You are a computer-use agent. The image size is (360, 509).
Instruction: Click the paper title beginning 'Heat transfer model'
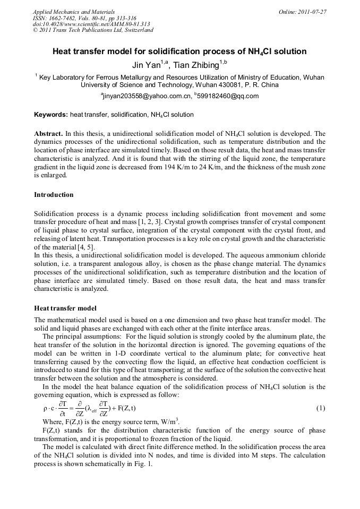tap(179, 52)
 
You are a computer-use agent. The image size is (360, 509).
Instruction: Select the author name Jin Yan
tap(145, 65)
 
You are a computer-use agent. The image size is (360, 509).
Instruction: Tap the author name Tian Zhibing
tap(196, 65)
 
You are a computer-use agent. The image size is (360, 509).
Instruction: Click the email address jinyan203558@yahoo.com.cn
tap(146, 96)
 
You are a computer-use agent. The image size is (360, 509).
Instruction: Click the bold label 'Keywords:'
tap(50, 115)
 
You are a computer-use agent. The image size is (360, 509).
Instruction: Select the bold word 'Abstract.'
tap(48, 134)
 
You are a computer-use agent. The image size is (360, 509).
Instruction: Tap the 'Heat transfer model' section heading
tap(65, 308)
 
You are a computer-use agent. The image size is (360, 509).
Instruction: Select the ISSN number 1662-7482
tap(63, 18)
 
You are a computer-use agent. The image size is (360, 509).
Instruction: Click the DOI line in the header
tap(91, 24)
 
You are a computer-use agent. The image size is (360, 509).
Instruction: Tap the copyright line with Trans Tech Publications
tap(93, 30)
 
